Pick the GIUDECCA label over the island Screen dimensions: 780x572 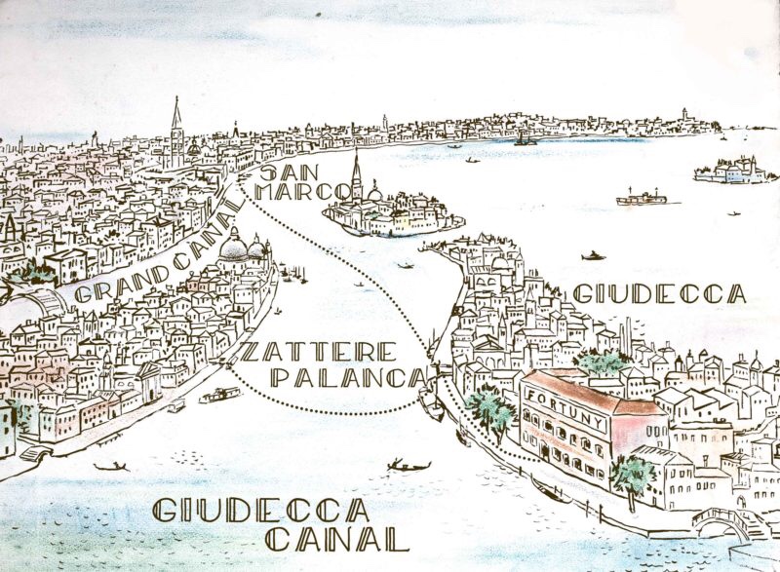(660, 293)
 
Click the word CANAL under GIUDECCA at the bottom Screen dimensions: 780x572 (336, 539)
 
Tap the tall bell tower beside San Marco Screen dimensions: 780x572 (176, 132)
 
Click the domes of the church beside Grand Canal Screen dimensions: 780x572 (244, 248)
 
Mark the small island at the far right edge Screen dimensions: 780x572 (737, 171)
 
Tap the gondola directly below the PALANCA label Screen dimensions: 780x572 (408, 466)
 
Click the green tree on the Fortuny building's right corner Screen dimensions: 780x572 (633, 475)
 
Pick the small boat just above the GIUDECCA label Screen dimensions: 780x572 (592, 256)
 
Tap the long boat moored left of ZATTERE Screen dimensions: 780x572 (220, 395)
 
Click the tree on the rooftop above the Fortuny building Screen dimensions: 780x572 (601, 363)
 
